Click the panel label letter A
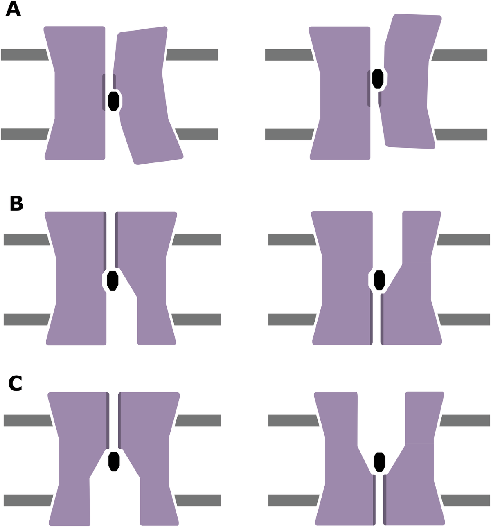click(x=13, y=9)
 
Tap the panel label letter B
click(x=16, y=203)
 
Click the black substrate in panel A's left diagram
click(x=114, y=101)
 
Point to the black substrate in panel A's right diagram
click(x=378, y=79)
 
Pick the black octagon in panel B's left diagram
click(x=113, y=280)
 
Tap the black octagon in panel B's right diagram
click(x=380, y=280)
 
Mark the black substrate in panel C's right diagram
click(x=380, y=462)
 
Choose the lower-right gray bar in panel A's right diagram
click(x=461, y=135)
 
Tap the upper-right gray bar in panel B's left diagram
click(x=197, y=240)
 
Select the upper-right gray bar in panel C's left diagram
click(x=198, y=421)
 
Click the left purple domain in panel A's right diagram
click(x=344, y=94)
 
